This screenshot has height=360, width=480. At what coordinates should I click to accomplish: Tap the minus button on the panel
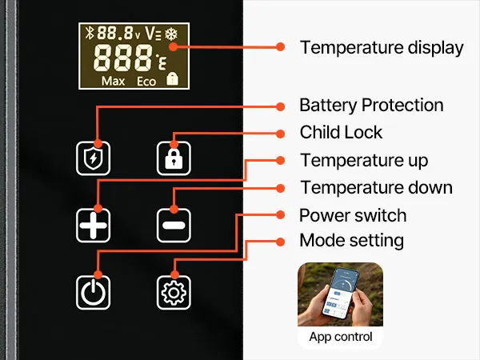click(172, 225)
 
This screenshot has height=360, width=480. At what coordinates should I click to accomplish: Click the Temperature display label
click(381, 47)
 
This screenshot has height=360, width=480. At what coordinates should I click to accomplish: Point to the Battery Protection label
click(370, 105)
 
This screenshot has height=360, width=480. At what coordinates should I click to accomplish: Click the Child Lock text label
click(341, 132)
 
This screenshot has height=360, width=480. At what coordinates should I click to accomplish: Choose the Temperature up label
click(363, 160)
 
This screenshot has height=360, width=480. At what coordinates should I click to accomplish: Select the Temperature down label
click(376, 188)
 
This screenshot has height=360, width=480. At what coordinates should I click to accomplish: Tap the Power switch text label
click(352, 215)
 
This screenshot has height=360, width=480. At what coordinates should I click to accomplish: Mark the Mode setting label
click(351, 240)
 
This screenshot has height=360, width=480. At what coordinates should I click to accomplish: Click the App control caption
click(340, 337)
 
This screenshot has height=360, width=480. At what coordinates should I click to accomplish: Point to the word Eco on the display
click(146, 81)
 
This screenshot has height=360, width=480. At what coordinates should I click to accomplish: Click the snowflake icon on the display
click(170, 34)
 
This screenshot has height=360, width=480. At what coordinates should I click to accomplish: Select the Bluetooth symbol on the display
click(90, 34)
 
